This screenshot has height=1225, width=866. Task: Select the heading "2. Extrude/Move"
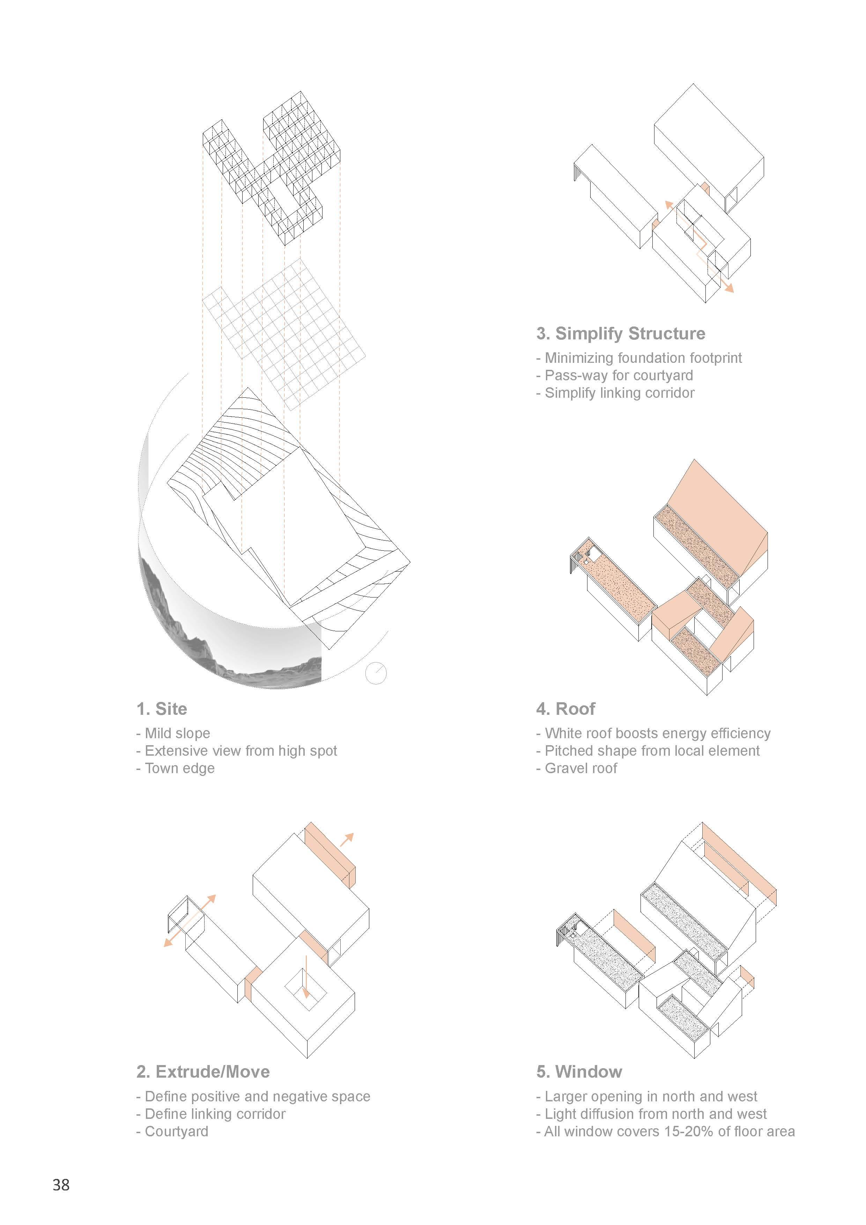click(203, 1072)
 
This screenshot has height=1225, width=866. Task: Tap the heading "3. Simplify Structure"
click(621, 333)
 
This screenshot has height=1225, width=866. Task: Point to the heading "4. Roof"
click(566, 709)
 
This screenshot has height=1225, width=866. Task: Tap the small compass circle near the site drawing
click(376, 673)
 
